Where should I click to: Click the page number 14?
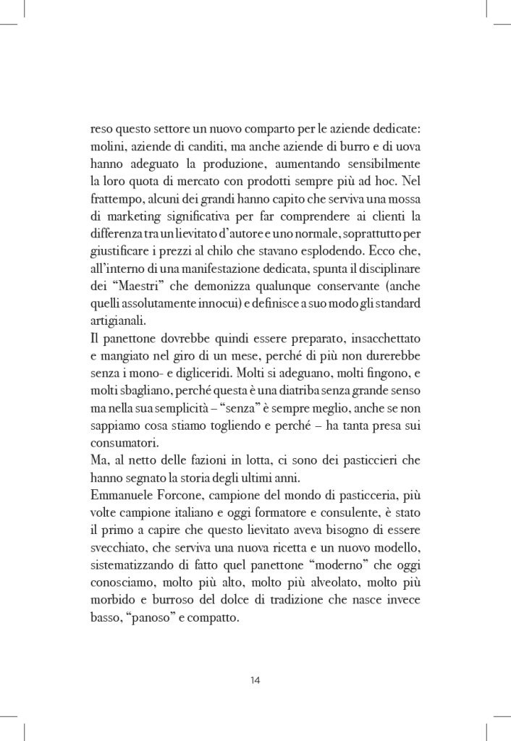pyautogui.click(x=255, y=679)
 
